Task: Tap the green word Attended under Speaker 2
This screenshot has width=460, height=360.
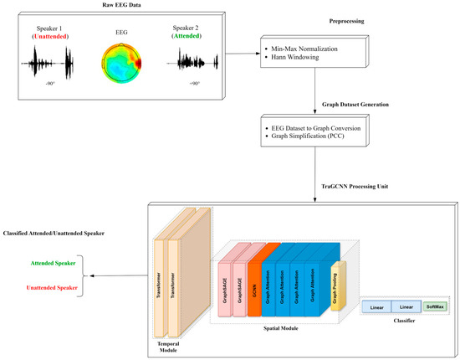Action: click(193, 37)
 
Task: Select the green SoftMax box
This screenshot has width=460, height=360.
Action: click(435, 307)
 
